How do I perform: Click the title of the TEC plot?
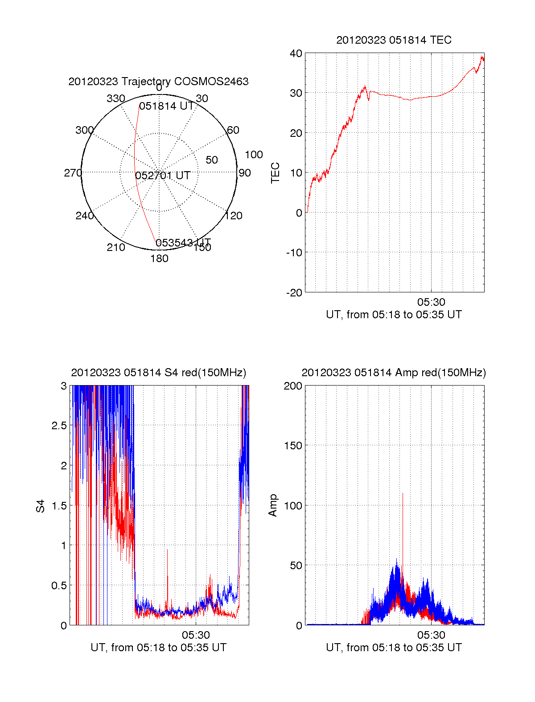394,40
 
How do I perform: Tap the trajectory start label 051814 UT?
166,106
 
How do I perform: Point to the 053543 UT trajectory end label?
183,242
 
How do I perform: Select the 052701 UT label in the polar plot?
163,176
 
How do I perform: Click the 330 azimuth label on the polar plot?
115,99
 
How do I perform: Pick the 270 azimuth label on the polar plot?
73,173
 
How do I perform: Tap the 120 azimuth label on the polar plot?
234,216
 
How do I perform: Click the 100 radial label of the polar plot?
254,155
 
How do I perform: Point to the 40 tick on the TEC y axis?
296,53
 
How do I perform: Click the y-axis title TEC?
276,173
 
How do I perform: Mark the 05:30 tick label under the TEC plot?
431,302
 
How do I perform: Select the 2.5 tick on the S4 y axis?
59,426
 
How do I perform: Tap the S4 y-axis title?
41,506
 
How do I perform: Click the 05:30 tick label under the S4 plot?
196,635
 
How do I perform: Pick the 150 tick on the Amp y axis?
293,446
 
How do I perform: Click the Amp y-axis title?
272,505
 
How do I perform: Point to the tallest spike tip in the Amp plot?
403,493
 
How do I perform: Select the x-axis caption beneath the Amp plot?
394,648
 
